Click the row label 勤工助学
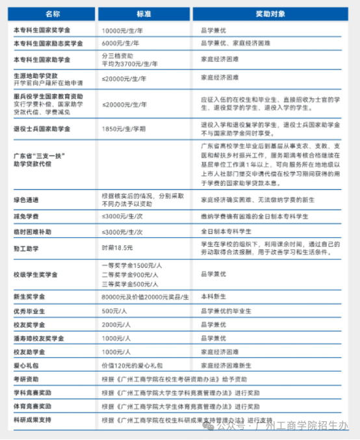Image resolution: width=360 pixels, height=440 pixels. [25, 247]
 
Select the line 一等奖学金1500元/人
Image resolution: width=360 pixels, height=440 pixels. [131, 266]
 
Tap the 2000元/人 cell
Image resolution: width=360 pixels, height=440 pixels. [116, 324]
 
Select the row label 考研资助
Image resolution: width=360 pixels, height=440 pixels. [25, 380]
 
